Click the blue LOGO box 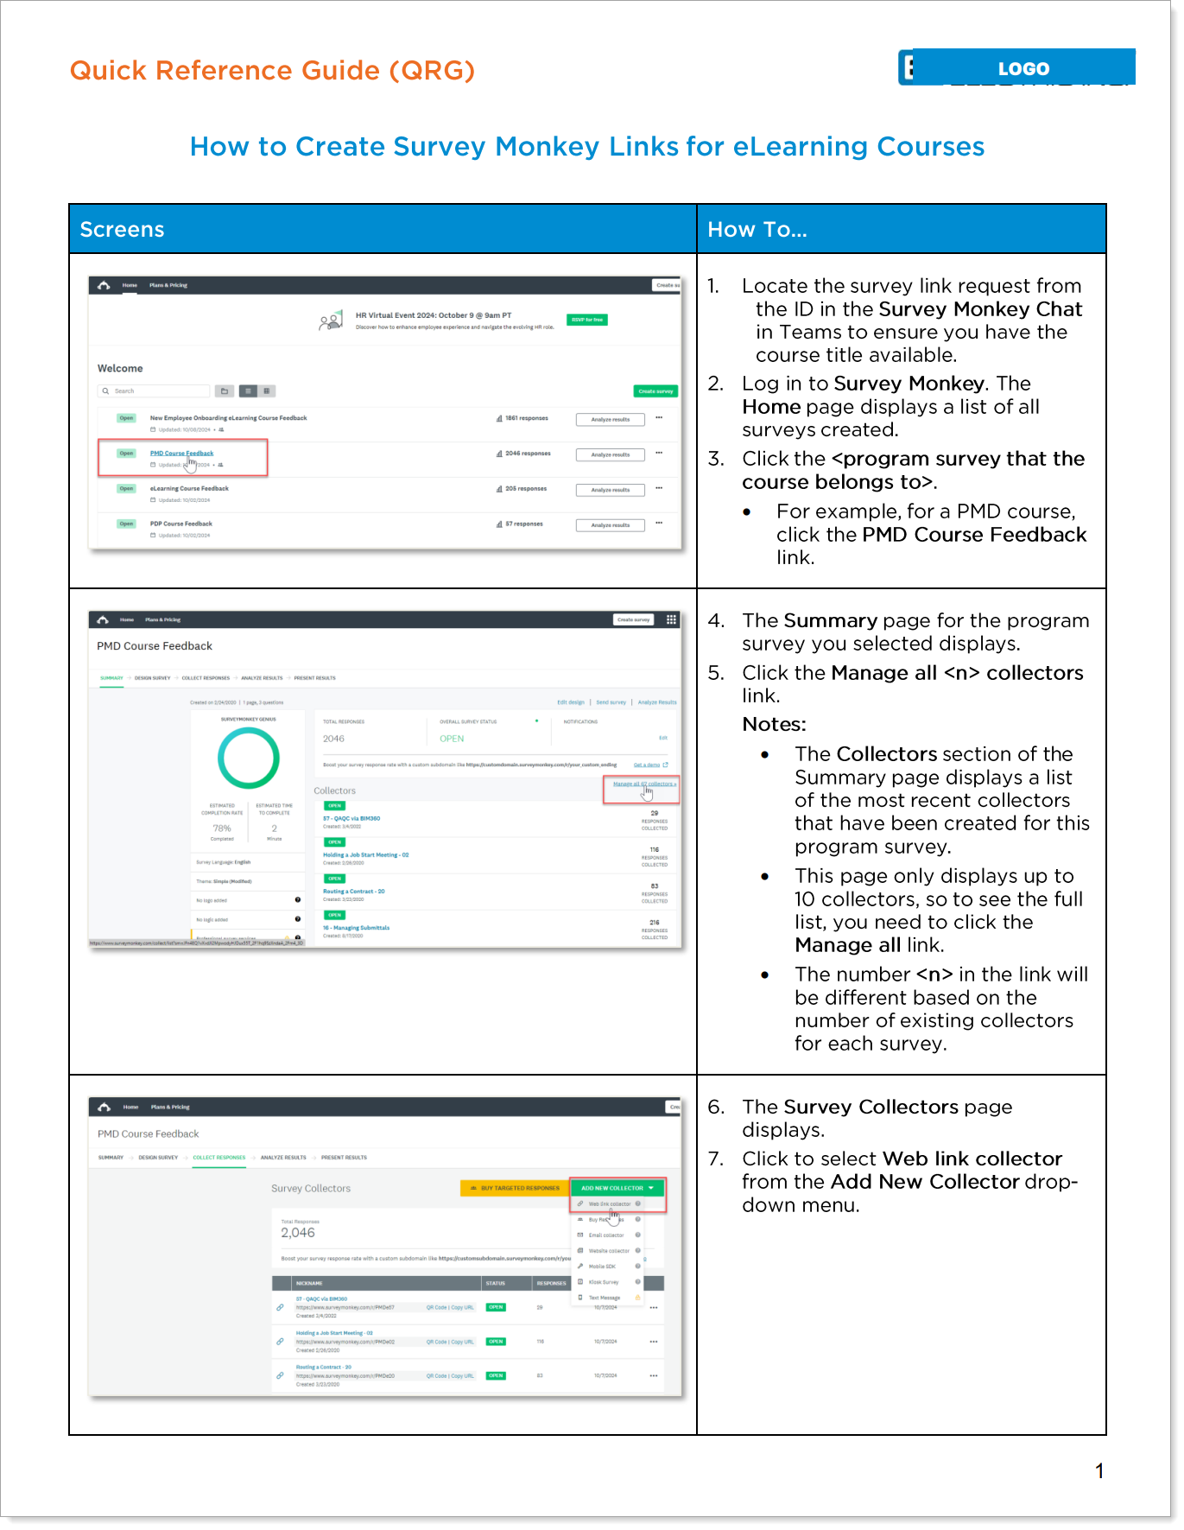(1023, 67)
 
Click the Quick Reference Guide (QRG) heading (272, 70)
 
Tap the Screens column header (122, 229)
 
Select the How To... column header (757, 229)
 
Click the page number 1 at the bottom (1099, 1470)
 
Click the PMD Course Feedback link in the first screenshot (181, 454)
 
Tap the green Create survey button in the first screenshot (655, 391)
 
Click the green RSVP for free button (587, 320)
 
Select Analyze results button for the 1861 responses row (610, 420)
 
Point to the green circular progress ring (249, 758)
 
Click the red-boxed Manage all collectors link (643, 784)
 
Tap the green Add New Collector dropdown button (617, 1188)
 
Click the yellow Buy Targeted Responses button (515, 1188)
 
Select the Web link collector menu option (610, 1203)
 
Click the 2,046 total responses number (298, 1233)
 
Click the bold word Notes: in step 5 (774, 724)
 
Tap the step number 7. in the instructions (716, 1159)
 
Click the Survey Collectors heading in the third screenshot (311, 1189)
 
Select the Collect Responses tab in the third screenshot (219, 1158)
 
